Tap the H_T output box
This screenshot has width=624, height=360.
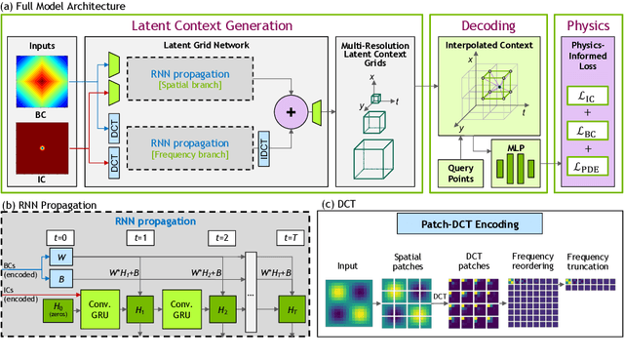[x=291, y=310]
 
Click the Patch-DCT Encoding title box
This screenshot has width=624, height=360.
[x=463, y=225]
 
